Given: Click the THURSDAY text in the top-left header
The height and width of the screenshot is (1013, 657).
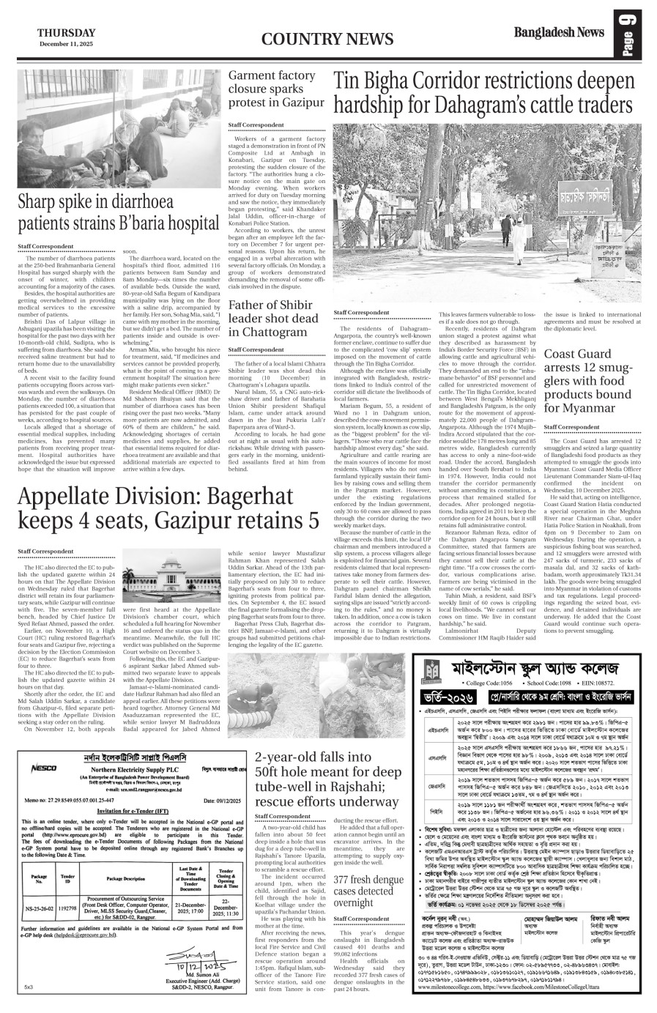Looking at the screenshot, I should pyautogui.click(x=67, y=32).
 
